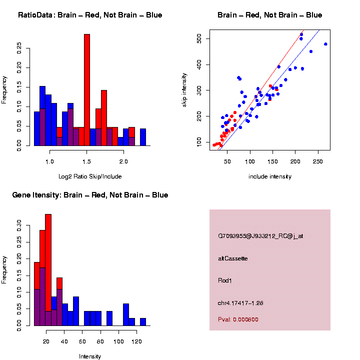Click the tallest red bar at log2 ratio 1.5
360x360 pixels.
tap(87, 90)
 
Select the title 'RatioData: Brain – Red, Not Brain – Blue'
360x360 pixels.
tap(90, 15)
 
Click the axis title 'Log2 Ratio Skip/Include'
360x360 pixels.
tap(90, 176)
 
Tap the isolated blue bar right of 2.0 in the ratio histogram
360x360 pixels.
tap(143, 137)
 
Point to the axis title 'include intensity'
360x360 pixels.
tap(270, 176)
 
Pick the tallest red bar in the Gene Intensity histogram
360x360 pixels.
tap(48, 270)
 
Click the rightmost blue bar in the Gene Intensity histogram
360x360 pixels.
tap(143, 322)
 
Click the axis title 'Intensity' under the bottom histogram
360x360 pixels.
tap(90, 356)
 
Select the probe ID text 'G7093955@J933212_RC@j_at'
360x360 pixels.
tap(260, 236)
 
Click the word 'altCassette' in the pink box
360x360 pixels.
tap(233, 258)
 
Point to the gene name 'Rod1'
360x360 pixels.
tap(225, 280)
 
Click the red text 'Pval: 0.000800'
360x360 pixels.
tap(238, 319)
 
